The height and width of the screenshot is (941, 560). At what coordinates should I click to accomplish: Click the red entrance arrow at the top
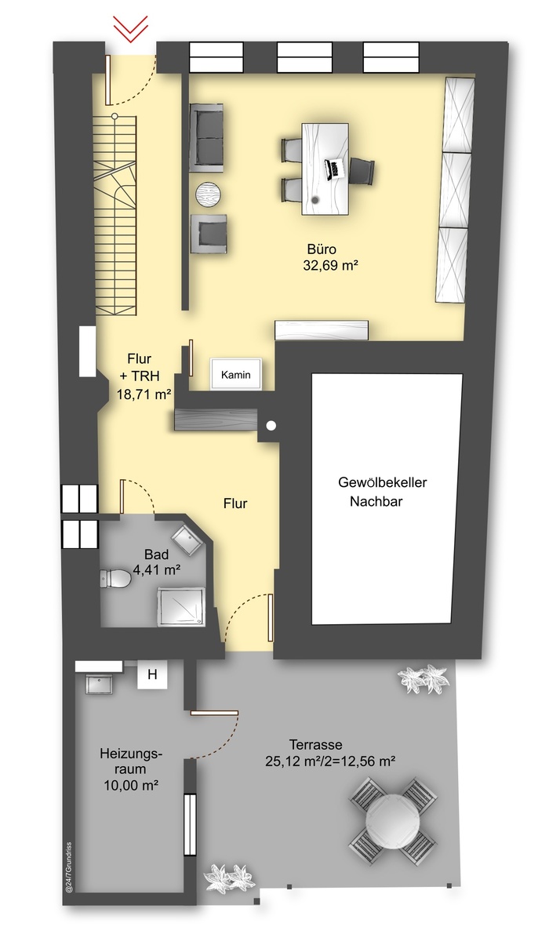131,29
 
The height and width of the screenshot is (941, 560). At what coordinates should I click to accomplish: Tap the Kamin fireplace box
235,374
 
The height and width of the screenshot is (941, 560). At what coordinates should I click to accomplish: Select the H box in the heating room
152,674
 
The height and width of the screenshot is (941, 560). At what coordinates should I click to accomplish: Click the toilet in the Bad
115,579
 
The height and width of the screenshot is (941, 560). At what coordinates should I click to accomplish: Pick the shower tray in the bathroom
181,607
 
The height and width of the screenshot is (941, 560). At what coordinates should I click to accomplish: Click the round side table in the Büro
208,194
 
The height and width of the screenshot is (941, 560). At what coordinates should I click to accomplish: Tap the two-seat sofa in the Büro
206,137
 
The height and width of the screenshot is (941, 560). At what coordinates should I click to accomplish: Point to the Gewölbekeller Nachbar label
382,492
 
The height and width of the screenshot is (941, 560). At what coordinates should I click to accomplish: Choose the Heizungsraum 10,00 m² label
131,768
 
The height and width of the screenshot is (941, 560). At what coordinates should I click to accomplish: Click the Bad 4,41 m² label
156,562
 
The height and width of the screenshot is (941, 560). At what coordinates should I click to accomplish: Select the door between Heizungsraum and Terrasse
214,713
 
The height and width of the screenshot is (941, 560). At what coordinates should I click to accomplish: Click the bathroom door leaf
122,496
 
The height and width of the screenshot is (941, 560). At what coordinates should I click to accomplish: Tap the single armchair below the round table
209,234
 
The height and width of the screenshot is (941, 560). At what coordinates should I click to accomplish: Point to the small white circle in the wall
271,426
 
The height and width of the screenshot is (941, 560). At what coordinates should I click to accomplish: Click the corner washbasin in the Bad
187,540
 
